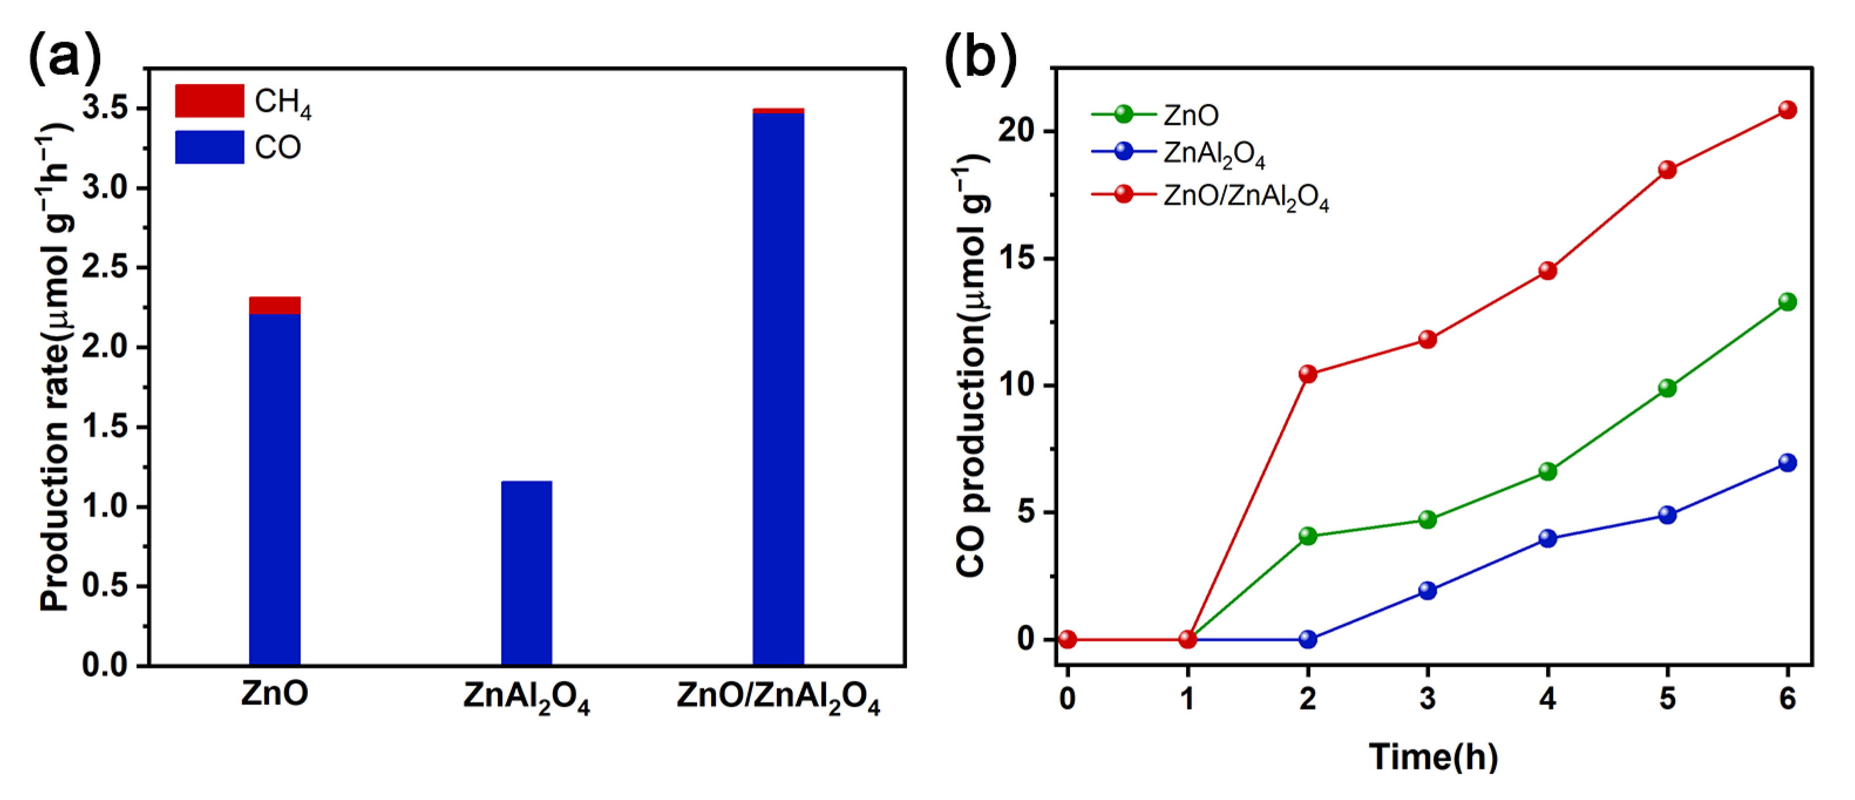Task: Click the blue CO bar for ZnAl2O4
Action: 526,572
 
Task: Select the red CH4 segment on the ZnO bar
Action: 274,306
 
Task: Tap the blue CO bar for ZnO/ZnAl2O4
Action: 778,389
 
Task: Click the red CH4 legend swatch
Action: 209,101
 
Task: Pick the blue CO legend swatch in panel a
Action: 209,147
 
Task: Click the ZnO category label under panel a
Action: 274,693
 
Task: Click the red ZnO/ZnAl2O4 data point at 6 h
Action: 1786,110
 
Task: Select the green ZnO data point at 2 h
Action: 1308,535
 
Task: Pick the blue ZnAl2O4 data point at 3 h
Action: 1427,591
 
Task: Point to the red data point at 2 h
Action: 1308,374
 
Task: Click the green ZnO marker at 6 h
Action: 1786,301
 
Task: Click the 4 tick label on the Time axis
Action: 1548,698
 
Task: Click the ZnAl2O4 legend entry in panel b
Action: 1214,154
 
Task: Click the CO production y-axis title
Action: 973,367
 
